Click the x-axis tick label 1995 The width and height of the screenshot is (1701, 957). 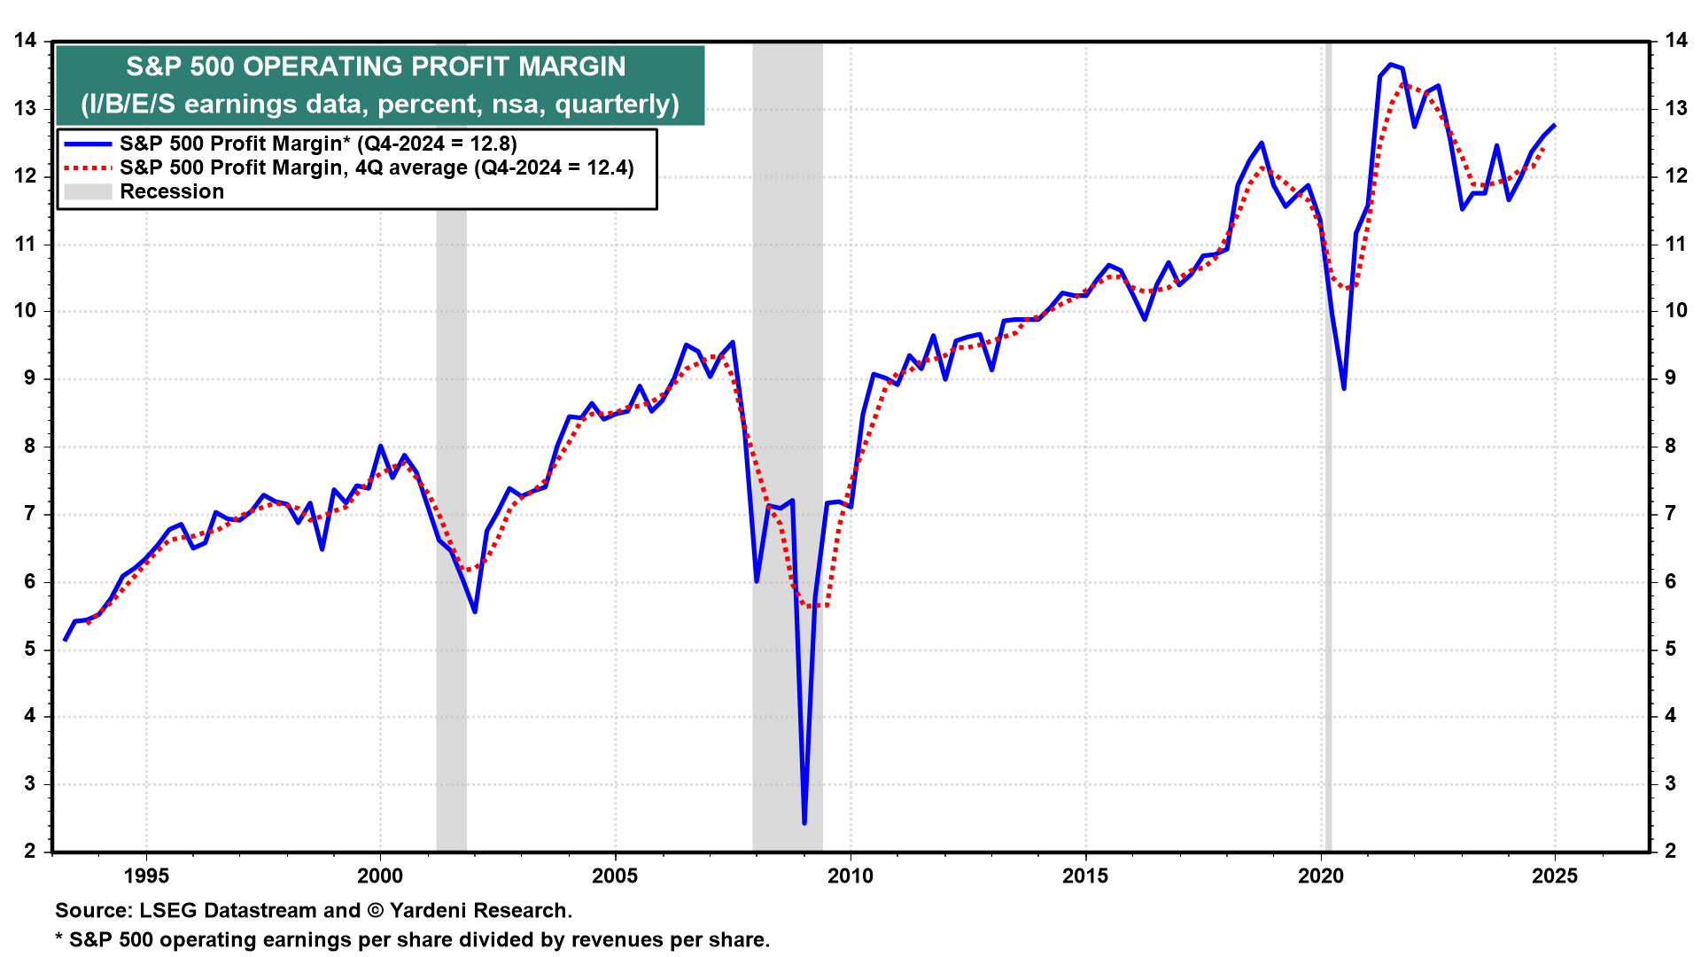pyautogui.click(x=146, y=876)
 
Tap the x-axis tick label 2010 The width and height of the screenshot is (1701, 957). pyautogui.click(x=850, y=876)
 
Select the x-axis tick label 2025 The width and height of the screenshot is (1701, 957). pyautogui.click(x=1555, y=876)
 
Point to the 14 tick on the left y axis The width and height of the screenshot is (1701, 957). pyautogui.click(x=25, y=41)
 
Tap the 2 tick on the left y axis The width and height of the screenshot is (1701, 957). pyautogui.click(x=30, y=851)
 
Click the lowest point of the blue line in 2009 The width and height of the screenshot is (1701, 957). pyautogui.click(x=804, y=822)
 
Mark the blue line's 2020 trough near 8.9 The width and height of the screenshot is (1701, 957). pyautogui.click(x=1344, y=388)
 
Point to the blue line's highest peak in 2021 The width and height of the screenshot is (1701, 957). pyautogui.click(x=1391, y=65)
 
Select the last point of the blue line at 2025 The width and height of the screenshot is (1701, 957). pyautogui.click(x=1555, y=126)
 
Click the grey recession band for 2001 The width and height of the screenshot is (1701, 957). pyautogui.click(x=451, y=443)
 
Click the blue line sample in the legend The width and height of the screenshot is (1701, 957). pyautogui.click(x=88, y=144)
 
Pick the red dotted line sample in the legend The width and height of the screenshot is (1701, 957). pyautogui.click(x=88, y=167)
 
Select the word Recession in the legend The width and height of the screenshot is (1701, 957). pyautogui.click(x=172, y=191)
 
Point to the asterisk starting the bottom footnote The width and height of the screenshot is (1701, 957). pyautogui.click(x=59, y=938)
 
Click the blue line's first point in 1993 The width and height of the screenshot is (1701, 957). pyautogui.click(x=66, y=639)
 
